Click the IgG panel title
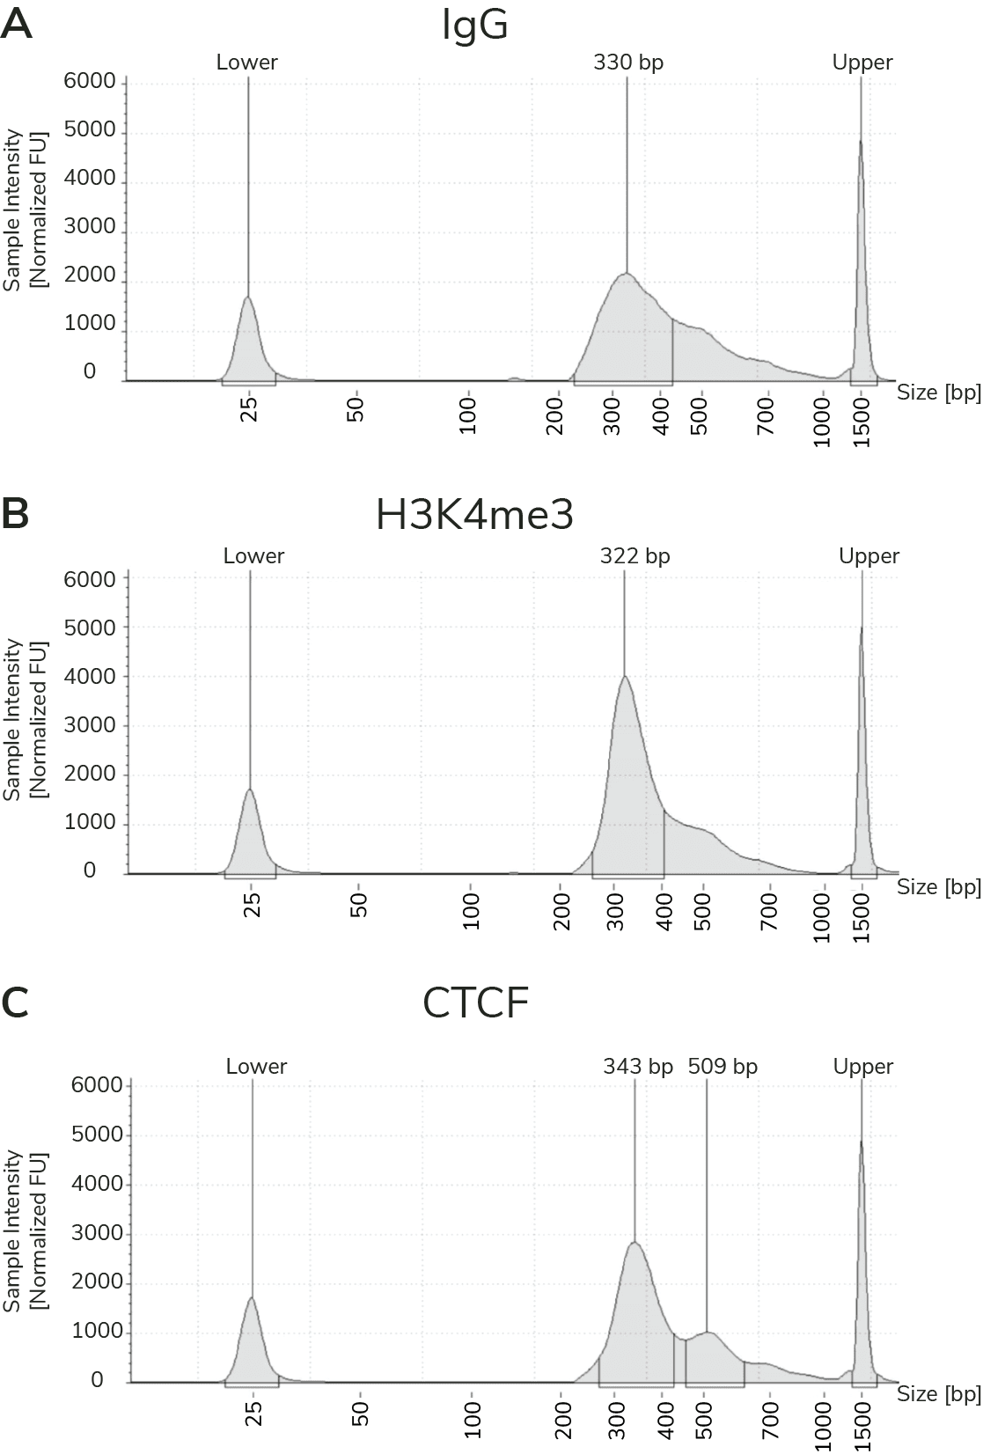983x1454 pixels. coord(475,26)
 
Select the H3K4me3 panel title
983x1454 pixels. coord(475,516)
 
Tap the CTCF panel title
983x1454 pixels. coord(475,1002)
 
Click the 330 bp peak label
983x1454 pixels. coord(628,62)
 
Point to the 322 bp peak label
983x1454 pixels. coord(635,556)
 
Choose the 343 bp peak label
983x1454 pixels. coord(638,1067)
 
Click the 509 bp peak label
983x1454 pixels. coord(723,1067)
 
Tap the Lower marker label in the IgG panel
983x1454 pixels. coord(247,62)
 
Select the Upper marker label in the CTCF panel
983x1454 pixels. coord(863,1067)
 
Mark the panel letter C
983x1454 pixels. coord(16,1002)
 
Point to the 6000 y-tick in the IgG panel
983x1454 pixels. coord(90,82)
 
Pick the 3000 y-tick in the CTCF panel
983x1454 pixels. coord(98,1233)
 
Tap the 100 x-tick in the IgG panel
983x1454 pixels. coord(468,416)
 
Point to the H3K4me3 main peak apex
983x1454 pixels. coord(624,677)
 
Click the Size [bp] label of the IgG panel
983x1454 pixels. coord(938,393)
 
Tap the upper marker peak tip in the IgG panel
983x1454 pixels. coord(861,141)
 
